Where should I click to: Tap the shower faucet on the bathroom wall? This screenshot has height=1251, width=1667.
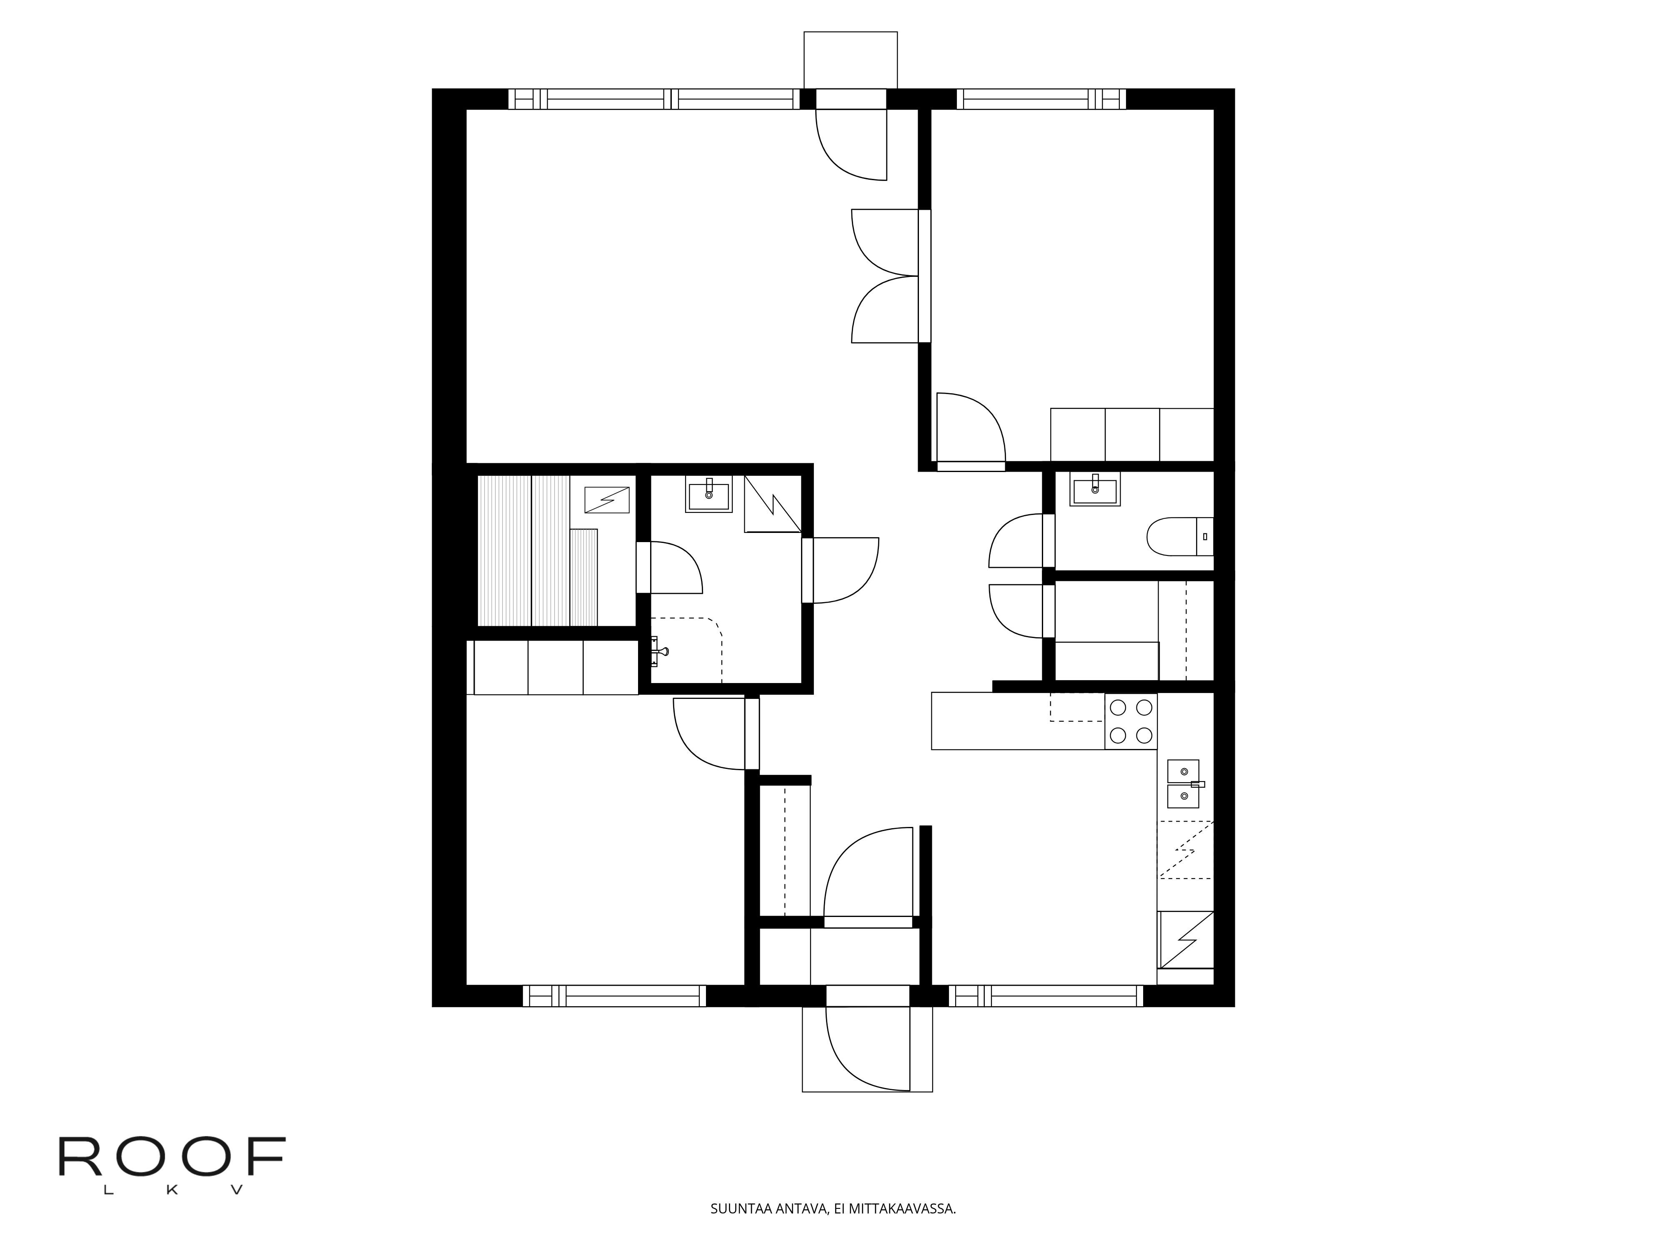click(659, 651)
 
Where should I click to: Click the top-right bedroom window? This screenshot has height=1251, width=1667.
click(1041, 99)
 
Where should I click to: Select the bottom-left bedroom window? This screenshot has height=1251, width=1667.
click(614, 996)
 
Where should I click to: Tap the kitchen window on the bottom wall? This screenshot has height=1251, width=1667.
click(1046, 996)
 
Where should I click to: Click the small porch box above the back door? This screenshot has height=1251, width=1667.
click(851, 60)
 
